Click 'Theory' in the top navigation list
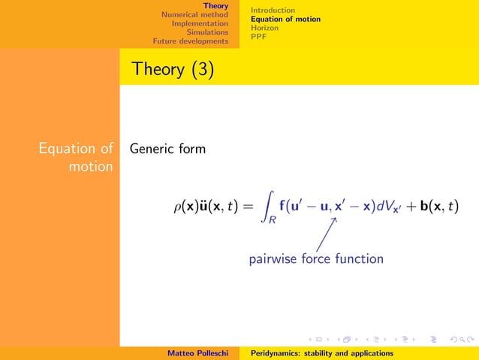tap(216, 5)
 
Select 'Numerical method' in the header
tap(194, 14)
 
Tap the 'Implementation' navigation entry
tap(200, 23)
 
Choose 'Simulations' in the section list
tap(207, 32)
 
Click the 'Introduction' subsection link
tap(273, 10)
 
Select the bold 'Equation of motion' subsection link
tap(285, 19)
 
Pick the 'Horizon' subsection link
tap(264, 28)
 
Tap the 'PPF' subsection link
tap(258, 36)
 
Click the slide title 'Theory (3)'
tap(172, 69)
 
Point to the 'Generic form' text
tap(167, 149)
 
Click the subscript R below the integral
tap(273, 220)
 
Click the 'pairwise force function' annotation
tap(316, 259)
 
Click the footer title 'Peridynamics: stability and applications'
tap(321, 352)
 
